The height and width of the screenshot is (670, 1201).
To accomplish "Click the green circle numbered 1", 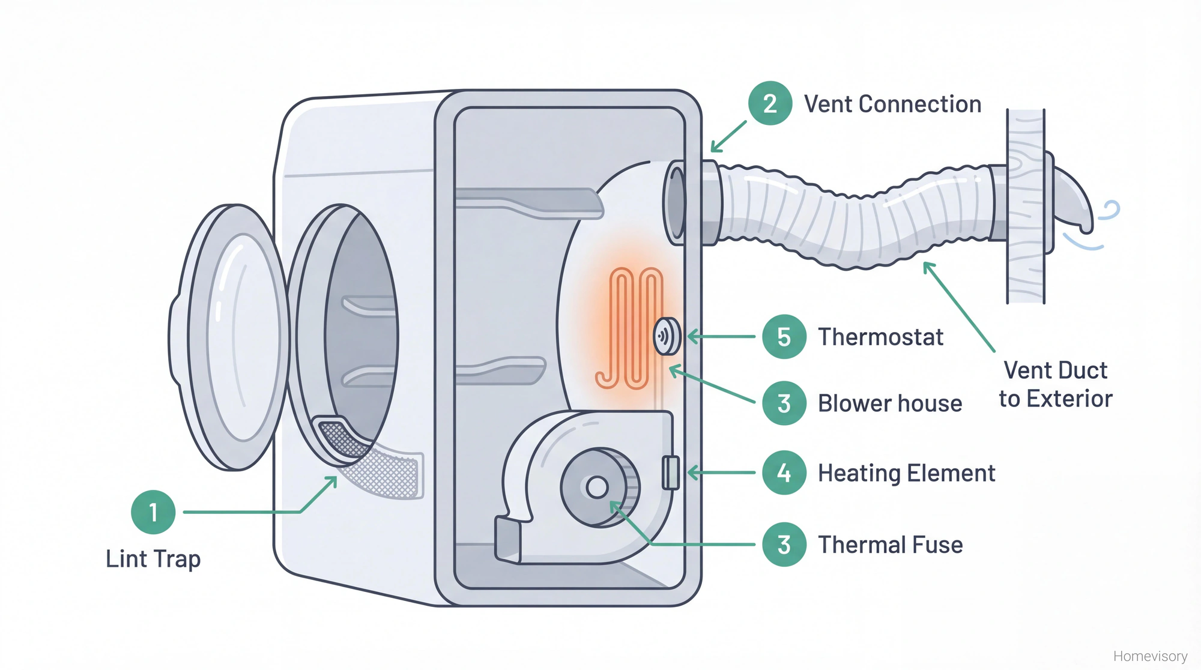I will (x=153, y=512).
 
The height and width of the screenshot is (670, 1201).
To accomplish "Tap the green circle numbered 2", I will (x=770, y=103).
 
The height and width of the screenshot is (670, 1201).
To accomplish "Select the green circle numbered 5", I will (x=784, y=337).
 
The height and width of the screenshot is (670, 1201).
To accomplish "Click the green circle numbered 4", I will (x=784, y=473).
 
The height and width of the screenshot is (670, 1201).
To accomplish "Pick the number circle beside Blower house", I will (x=784, y=403).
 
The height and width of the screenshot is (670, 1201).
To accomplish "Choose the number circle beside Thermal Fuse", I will (x=784, y=545).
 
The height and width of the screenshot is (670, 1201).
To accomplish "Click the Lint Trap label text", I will (x=153, y=559).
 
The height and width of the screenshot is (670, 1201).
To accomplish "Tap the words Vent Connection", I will (x=892, y=104).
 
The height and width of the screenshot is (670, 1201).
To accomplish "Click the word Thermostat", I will (x=880, y=337).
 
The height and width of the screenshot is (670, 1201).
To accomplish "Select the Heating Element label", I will (x=906, y=474).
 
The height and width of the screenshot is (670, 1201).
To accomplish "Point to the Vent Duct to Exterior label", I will (x=1055, y=384).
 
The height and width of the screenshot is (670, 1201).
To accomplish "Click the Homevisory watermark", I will (x=1150, y=656).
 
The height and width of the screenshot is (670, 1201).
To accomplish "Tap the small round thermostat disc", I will (x=666, y=337).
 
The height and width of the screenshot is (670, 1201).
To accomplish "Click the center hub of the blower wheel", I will (x=597, y=487).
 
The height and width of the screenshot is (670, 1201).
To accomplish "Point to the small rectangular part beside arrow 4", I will (x=671, y=472).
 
